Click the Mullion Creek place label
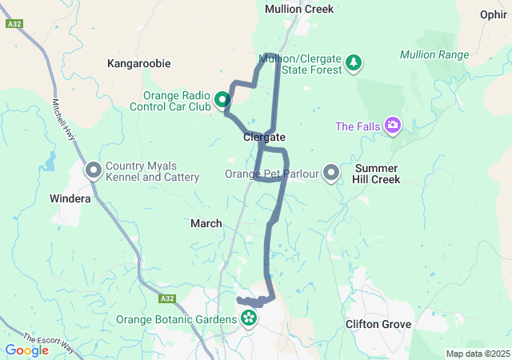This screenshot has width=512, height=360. [299, 9]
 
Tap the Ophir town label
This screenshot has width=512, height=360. [493, 14]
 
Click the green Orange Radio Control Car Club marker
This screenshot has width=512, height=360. [222, 100]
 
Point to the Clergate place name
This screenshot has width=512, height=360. [264, 138]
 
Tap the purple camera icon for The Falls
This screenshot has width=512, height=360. [393, 125]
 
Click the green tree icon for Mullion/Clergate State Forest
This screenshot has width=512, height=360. [354, 62]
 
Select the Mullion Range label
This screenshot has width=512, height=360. [434, 54]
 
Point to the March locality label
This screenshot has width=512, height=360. [206, 223]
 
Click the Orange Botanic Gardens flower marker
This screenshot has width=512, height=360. [249, 318]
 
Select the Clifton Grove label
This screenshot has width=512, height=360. [378, 324]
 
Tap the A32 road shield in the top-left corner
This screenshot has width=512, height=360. [14, 24]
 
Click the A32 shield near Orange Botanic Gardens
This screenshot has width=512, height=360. [166, 298]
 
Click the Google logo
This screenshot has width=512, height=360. [26, 350]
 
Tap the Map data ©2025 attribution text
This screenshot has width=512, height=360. [477, 354]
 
